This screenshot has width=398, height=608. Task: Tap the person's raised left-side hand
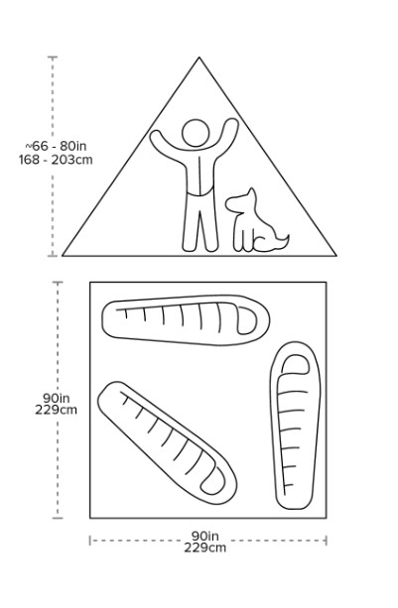(156, 137)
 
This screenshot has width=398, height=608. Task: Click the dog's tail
(282, 241)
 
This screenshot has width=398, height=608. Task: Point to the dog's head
(241, 200)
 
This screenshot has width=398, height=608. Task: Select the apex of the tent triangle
(199, 58)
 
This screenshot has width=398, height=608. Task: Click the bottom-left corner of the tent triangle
(63, 256)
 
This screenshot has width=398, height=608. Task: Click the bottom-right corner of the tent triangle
(335, 256)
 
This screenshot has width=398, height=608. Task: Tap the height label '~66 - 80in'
(56, 146)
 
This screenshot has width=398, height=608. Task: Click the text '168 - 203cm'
(56, 160)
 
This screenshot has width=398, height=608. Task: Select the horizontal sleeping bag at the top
(186, 320)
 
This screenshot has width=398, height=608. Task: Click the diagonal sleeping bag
(167, 442)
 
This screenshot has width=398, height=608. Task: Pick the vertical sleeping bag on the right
(296, 426)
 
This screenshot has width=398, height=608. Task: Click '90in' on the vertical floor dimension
(56, 398)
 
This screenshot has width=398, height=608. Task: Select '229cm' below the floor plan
(204, 547)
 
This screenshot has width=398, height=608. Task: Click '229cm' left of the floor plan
(56, 410)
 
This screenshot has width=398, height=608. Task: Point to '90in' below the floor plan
(204, 536)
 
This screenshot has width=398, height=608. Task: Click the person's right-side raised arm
(227, 140)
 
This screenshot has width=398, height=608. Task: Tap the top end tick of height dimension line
(53, 57)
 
